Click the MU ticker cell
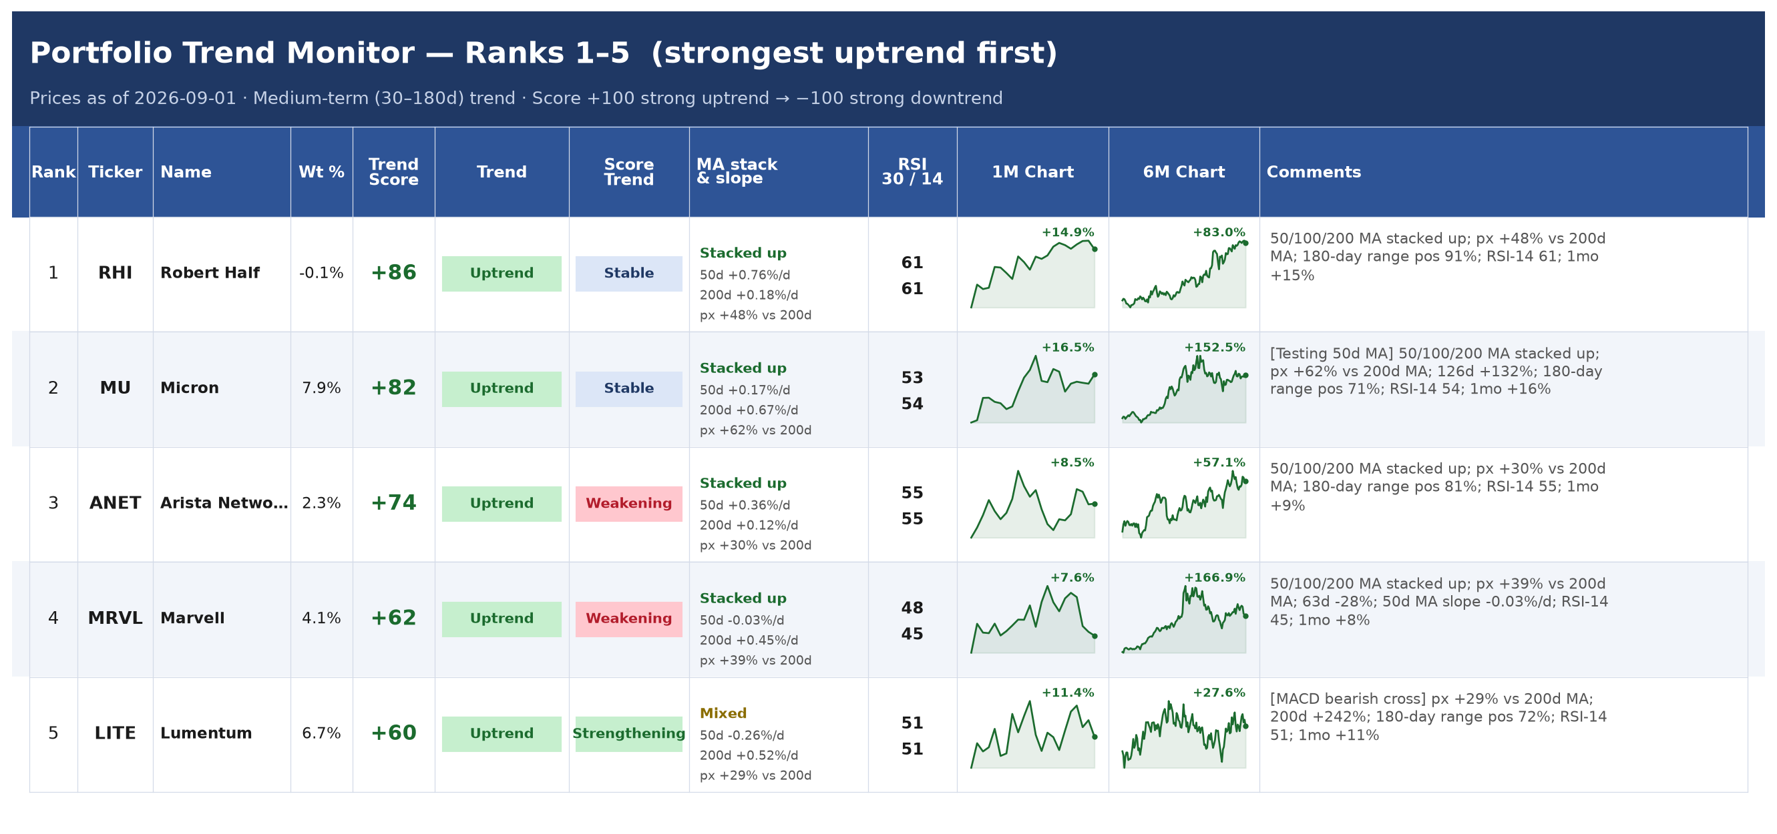coord(116,388)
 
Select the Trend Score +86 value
coord(393,273)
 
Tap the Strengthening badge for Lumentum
coord(628,733)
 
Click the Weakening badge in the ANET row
coord(628,503)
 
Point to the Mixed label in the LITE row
coord(723,713)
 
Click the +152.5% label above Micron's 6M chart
coord(1215,348)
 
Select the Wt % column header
coord(321,172)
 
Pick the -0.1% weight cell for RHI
coord(321,273)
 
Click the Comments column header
coord(1314,172)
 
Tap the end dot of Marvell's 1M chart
coord(1095,637)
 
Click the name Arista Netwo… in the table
coord(224,503)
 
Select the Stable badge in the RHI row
coord(628,273)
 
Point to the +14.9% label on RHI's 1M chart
coord(1068,232)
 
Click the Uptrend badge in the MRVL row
coord(502,618)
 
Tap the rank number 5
coord(53,733)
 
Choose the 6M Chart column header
coord(1184,172)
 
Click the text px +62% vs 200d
coord(755,430)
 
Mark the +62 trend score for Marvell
coord(393,618)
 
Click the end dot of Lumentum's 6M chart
coord(1246,727)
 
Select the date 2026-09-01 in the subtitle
coord(185,99)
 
